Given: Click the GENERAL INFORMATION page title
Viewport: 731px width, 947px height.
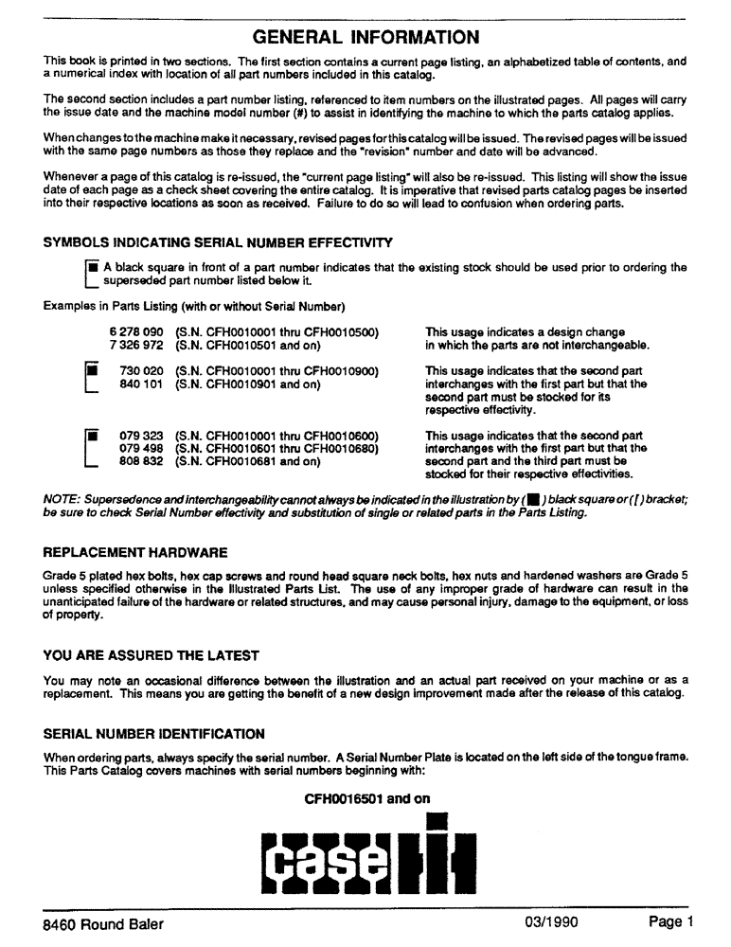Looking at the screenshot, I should click(x=365, y=38).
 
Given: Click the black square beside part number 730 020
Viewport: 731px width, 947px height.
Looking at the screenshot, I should click(x=92, y=371).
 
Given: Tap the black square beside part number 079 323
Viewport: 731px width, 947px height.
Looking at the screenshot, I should click(x=92, y=437).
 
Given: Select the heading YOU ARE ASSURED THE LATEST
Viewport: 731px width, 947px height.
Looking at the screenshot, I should click(x=152, y=655).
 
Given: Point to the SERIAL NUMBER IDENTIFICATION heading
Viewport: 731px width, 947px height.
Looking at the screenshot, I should click(x=154, y=734).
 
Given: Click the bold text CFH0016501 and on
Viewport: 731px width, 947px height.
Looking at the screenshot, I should click(x=366, y=799).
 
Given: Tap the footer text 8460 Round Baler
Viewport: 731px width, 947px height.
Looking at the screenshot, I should click(x=103, y=924).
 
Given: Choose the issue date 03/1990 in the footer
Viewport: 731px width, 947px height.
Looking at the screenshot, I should click(x=551, y=922).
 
